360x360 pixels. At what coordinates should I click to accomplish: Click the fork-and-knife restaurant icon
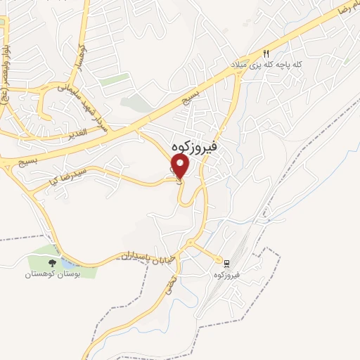(266, 53)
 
